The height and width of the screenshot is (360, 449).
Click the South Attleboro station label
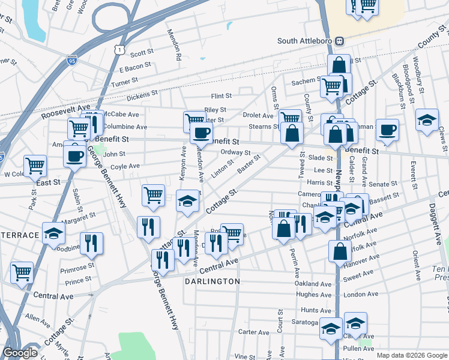pos(305,41)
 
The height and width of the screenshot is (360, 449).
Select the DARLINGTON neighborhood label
pos(212,281)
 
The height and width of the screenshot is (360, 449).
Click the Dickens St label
pos(142,94)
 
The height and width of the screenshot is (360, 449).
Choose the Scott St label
pos(142,53)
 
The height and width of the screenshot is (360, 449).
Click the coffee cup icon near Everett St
pos(388,130)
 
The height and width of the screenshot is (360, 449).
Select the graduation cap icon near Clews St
pos(427,121)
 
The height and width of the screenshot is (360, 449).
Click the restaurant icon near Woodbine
pos(91,243)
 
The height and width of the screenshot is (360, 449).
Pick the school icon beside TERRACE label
pos(53,233)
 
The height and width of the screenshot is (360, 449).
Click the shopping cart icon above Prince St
pos(22,272)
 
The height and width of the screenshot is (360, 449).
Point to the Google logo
pos(20,353)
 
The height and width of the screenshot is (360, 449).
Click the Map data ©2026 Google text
pos(412,355)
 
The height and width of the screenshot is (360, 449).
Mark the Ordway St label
pos(235,152)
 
